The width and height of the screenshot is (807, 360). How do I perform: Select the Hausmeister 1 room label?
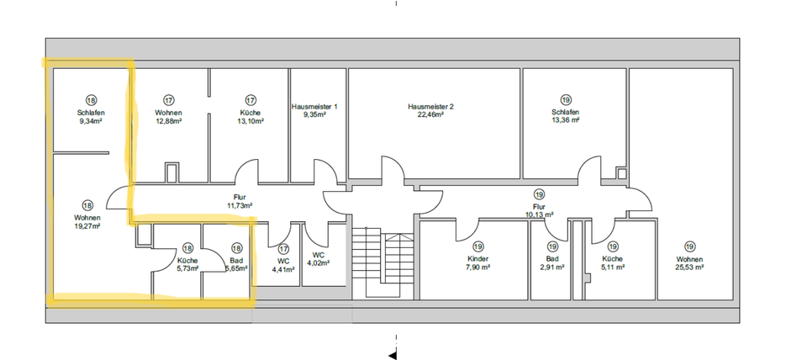pos(314,107)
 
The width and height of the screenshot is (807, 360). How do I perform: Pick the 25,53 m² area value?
pos(688,267)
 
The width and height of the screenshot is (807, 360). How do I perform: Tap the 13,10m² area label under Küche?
pos(251,121)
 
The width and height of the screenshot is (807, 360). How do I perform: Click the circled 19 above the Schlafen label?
pos(564,99)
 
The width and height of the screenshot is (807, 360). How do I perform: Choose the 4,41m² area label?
pos(283,270)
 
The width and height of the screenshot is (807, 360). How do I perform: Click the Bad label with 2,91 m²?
pos(551,259)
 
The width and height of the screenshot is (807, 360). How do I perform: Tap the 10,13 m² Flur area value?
pos(539,214)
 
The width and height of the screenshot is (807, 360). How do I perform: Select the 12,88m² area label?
pos(169,121)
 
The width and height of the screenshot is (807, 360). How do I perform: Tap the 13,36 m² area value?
pos(564,120)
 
